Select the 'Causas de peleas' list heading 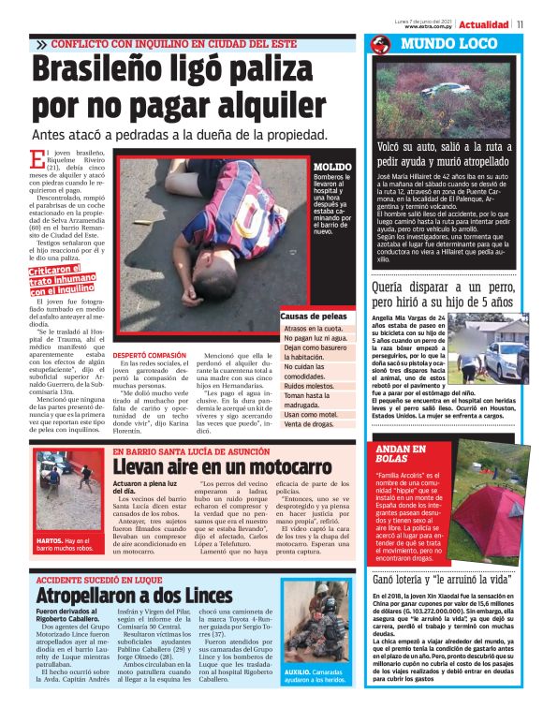tap(315, 317)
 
